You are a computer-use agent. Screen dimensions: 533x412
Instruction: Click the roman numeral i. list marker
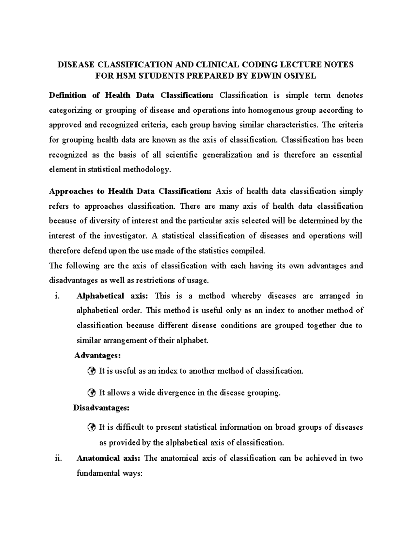57,296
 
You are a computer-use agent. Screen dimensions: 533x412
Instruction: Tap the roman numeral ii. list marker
58,458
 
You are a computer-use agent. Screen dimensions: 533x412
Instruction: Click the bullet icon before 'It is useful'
91,371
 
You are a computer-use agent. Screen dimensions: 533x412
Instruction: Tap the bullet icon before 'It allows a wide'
91,393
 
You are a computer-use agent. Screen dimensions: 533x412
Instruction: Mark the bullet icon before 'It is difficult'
91,427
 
